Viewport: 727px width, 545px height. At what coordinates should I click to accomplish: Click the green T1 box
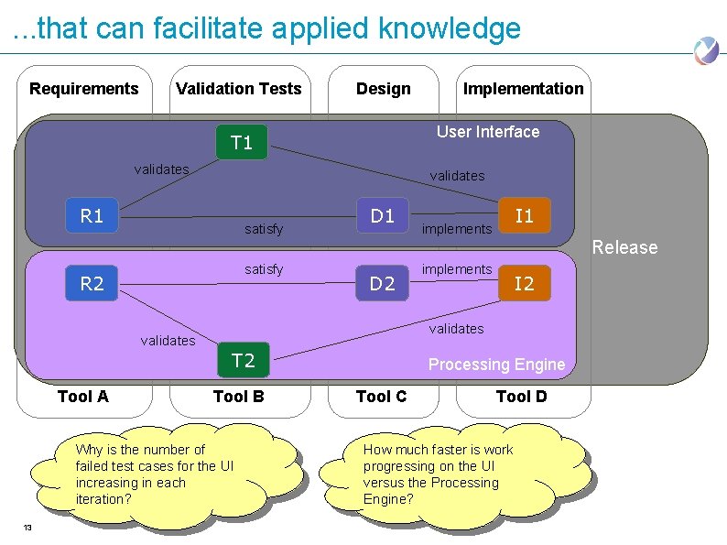click(242, 143)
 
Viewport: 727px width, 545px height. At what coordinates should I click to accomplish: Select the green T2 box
click(243, 360)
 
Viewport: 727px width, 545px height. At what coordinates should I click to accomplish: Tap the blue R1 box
click(92, 216)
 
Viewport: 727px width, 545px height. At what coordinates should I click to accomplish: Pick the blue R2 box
click(92, 284)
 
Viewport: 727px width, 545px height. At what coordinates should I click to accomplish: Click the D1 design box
click(382, 216)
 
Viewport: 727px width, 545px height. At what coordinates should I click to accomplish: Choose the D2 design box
click(382, 284)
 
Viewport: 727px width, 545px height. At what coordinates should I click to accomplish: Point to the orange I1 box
click(524, 216)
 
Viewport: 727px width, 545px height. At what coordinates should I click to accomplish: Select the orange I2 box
click(524, 284)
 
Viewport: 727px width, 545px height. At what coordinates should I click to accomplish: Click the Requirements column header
click(84, 89)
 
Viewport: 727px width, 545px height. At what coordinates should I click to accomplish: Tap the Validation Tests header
click(238, 89)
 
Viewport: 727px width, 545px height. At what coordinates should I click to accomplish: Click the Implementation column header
click(523, 89)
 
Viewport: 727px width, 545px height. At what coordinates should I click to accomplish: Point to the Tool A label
click(82, 397)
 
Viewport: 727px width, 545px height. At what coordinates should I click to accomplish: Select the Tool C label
click(381, 397)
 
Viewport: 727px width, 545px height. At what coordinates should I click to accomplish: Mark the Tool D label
click(521, 397)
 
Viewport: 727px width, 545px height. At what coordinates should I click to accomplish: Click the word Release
click(624, 247)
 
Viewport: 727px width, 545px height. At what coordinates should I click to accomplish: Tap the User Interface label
click(488, 132)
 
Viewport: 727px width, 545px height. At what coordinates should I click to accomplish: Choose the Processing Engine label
click(496, 365)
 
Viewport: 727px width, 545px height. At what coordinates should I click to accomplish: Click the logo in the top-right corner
click(706, 50)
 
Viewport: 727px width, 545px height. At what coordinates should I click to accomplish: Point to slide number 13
click(27, 528)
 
